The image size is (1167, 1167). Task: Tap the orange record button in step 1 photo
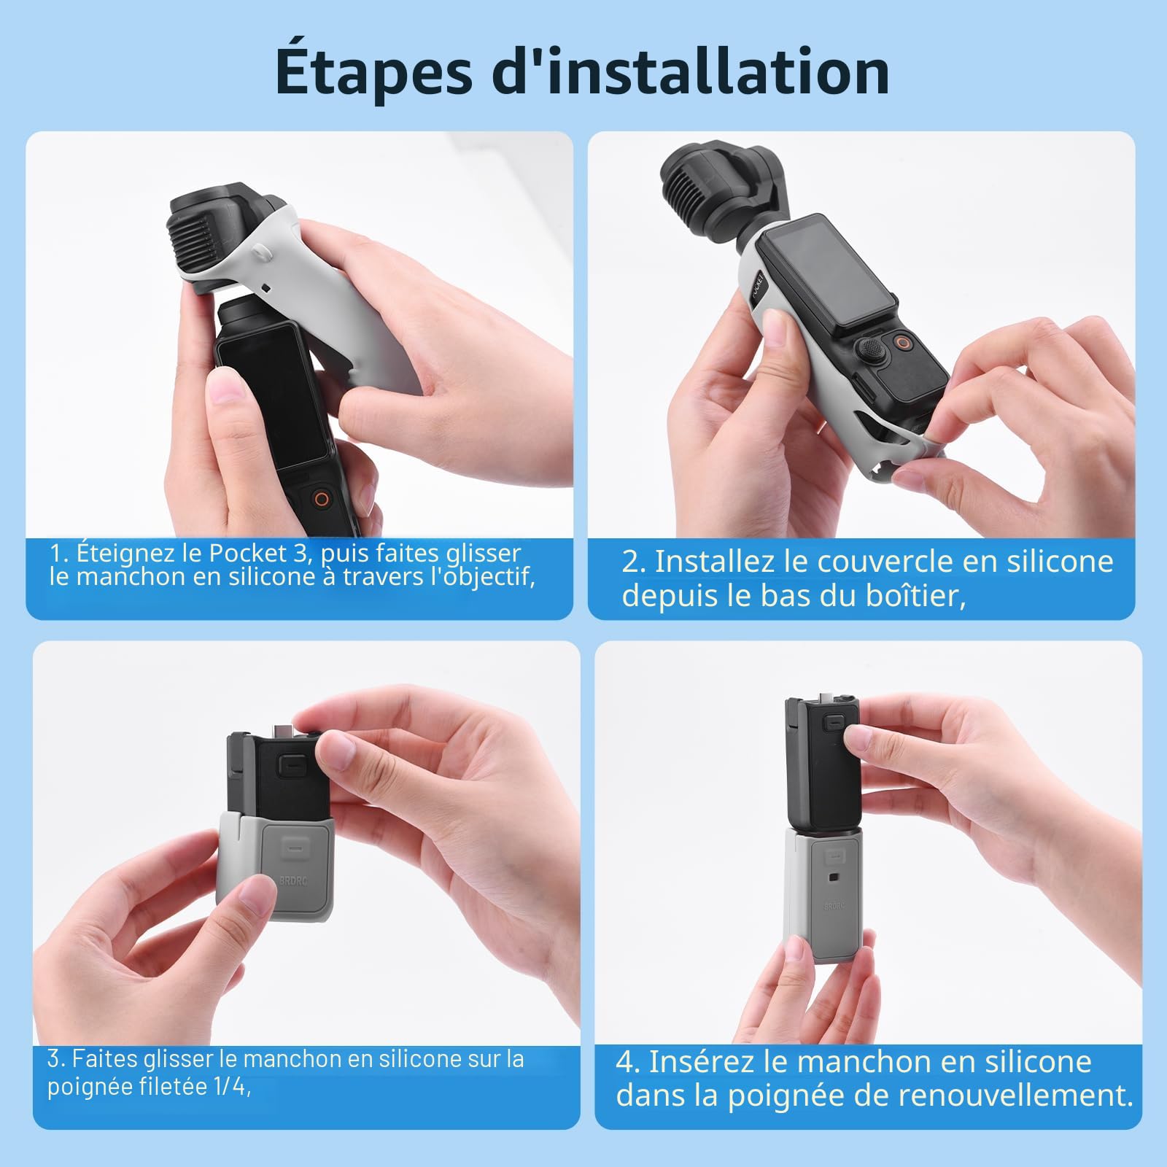click(x=319, y=500)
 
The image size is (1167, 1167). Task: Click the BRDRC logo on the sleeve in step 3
click(x=293, y=880)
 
